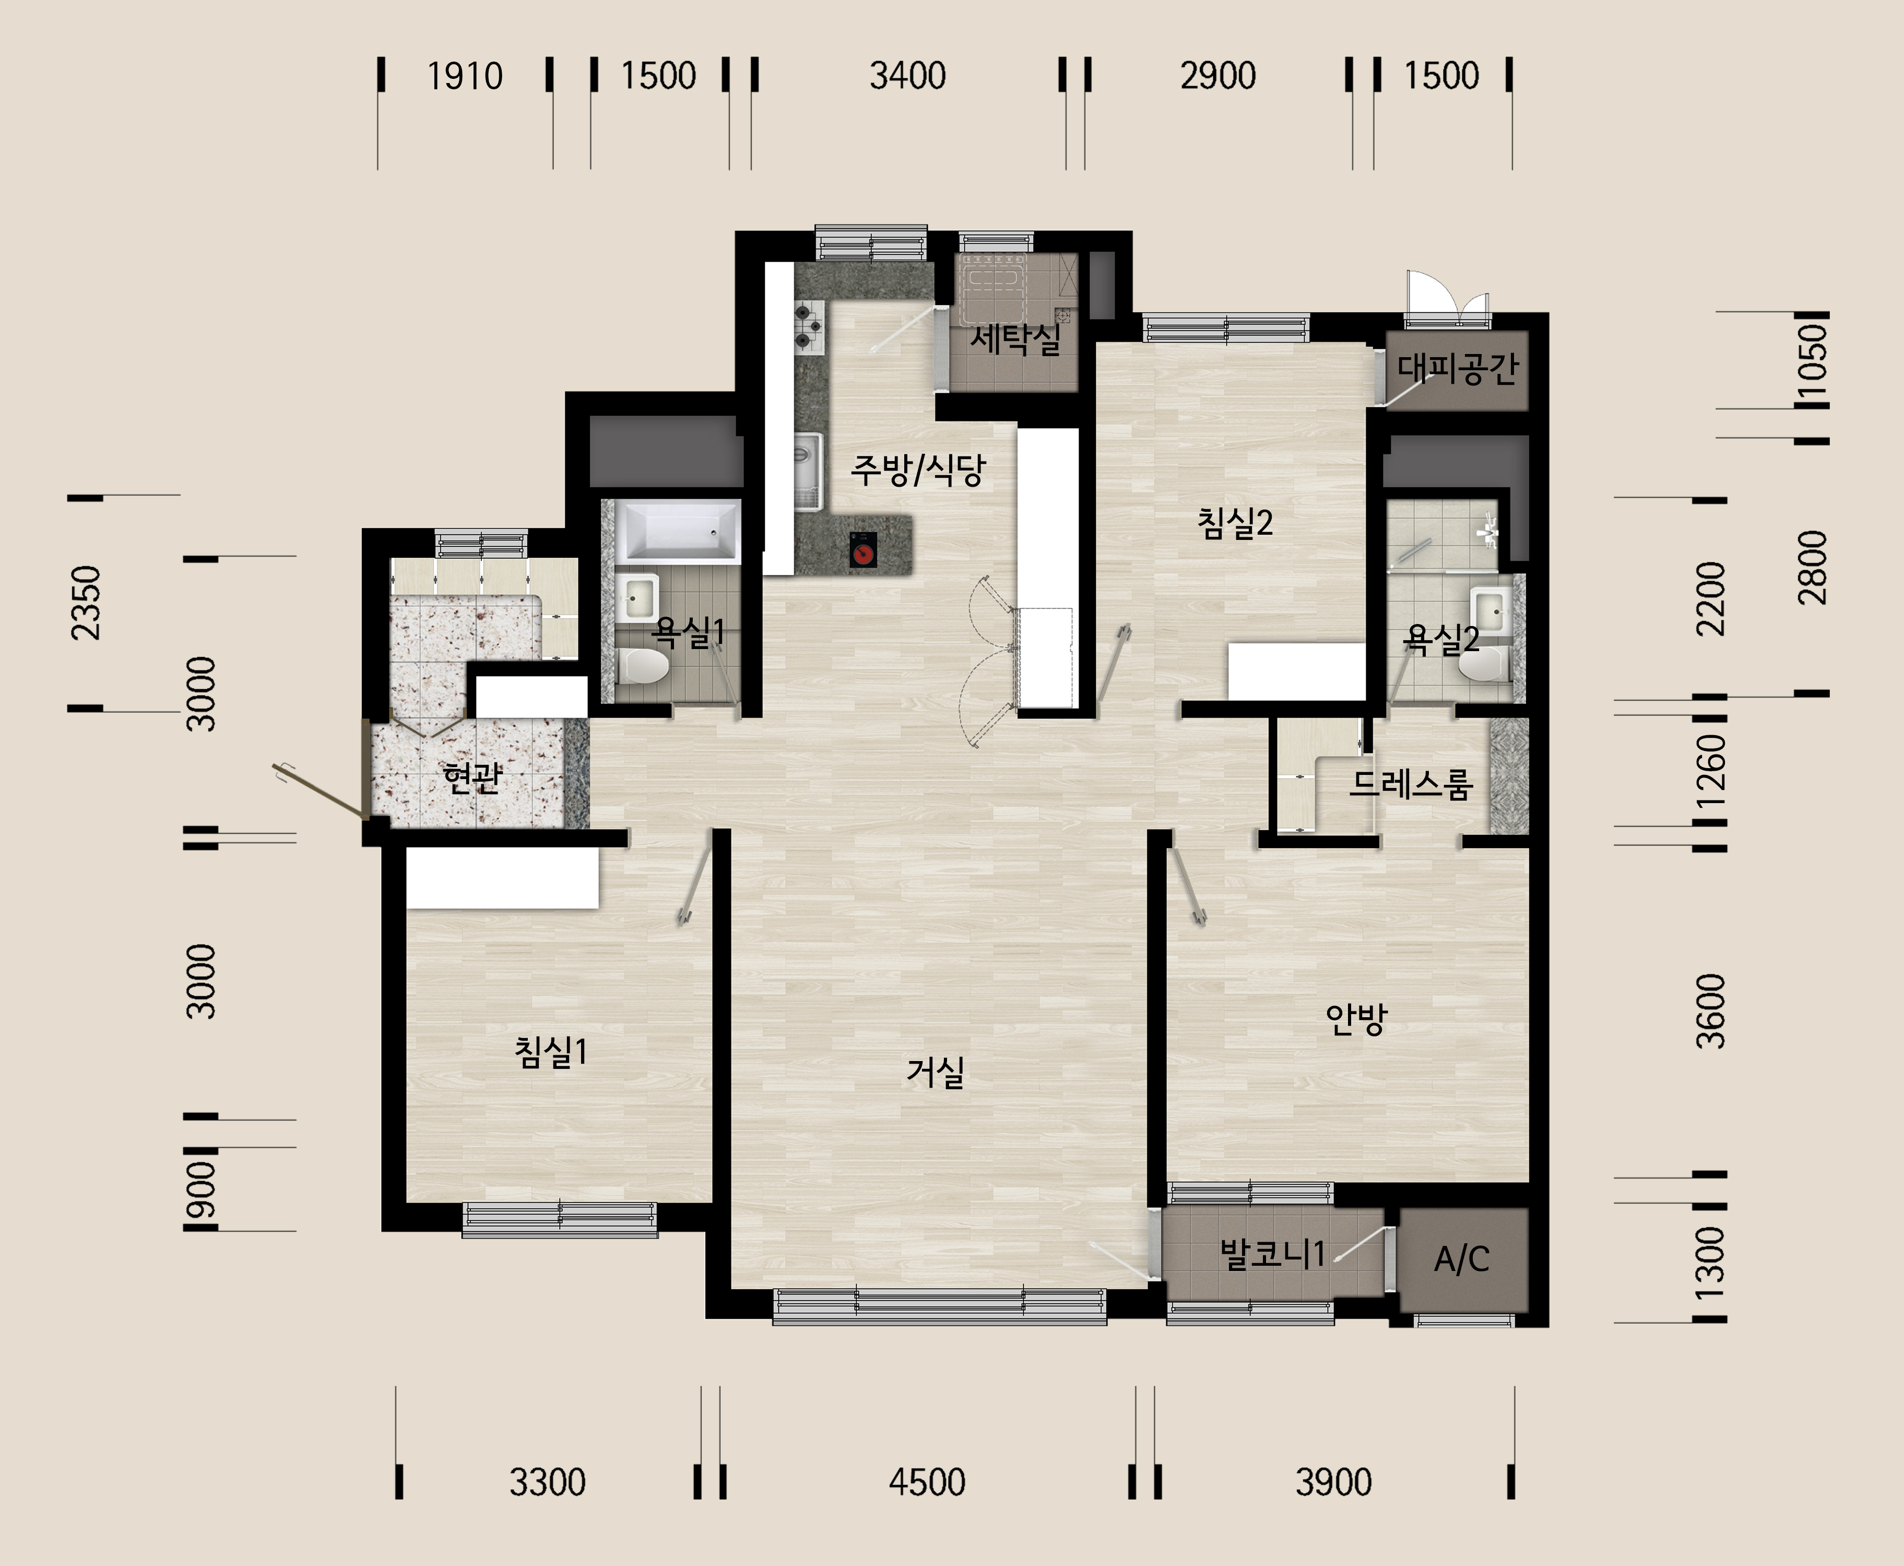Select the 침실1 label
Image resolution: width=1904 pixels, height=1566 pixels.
click(x=550, y=1052)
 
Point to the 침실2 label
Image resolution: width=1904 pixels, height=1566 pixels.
click(x=1235, y=522)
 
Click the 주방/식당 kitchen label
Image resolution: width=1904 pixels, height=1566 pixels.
click(x=918, y=469)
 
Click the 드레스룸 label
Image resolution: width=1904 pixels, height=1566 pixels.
click(x=1411, y=784)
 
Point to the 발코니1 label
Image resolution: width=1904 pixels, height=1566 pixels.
click(x=1272, y=1253)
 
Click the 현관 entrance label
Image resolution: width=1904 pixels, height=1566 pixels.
click(x=472, y=776)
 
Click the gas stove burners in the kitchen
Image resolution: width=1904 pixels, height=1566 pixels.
click(x=809, y=326)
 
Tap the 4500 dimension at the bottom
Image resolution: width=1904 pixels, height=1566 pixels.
click(x=927, y=1482)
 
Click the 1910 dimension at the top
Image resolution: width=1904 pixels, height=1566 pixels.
click(x=465, y=76)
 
